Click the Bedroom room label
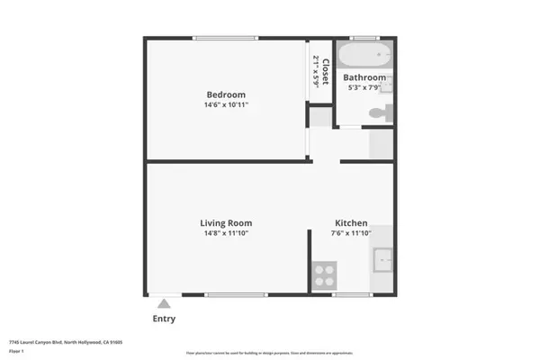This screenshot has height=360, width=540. (x=226, y=94)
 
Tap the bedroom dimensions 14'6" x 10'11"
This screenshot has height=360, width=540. (x=226, y=105)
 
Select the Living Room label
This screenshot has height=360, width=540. (x=226, y=222)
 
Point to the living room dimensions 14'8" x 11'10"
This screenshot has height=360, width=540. (x=226, y=233)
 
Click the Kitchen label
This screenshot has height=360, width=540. (x=351, y=222)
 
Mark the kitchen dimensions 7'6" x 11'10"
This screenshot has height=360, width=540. (x=351, y=233)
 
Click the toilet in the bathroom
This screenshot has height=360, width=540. (x=382, y=113)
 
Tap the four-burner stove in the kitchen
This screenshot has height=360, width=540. (x=324, y=274)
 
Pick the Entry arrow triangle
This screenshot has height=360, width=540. (x=164, y=304)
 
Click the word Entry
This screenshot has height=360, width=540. (x=164, y=319)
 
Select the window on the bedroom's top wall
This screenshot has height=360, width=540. (x=226, y=38)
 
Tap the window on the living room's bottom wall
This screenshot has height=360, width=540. (x=235, y=294)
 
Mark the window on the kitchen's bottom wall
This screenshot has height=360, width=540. (x=352, y=294)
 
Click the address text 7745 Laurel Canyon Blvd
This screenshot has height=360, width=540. (x=40, y=342)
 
